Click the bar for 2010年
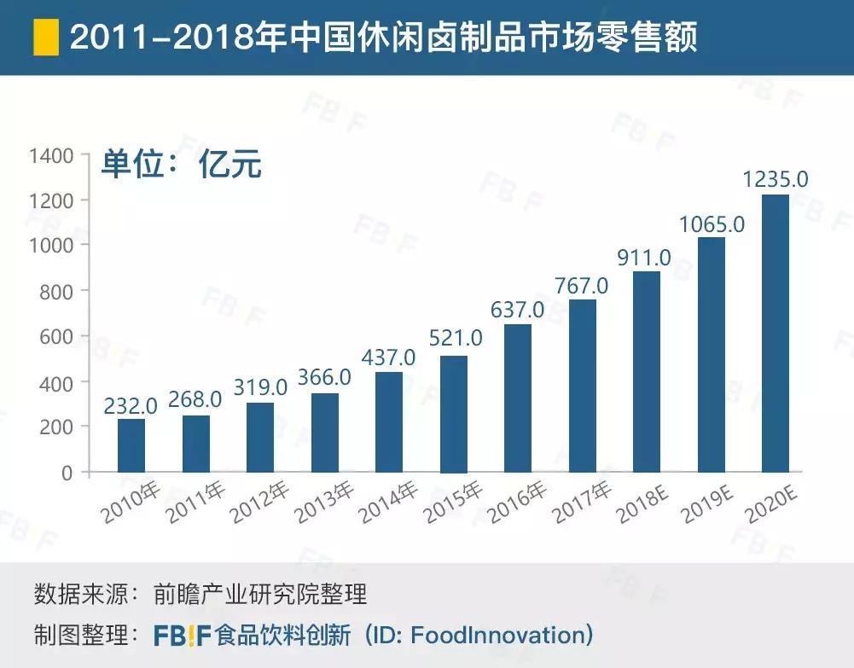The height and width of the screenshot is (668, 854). click(131, 445)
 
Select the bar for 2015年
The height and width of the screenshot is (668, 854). click(453, 414)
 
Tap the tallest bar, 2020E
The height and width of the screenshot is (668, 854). click(775, 333)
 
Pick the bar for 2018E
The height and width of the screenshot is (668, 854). click(647, 371)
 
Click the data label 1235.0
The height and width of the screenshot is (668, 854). click(775, 180)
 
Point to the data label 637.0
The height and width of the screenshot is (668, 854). click(517, 308)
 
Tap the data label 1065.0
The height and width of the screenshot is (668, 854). click(712, 224)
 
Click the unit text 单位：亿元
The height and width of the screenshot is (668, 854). click(181, 164)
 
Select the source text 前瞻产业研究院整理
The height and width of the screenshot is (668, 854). click(260, 593)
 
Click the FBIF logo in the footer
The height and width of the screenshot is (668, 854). click(182, 635)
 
